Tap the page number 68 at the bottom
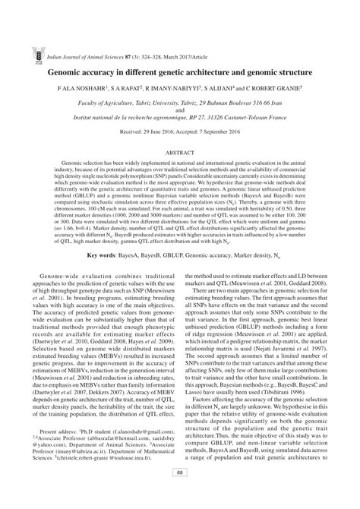coord(180,496)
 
